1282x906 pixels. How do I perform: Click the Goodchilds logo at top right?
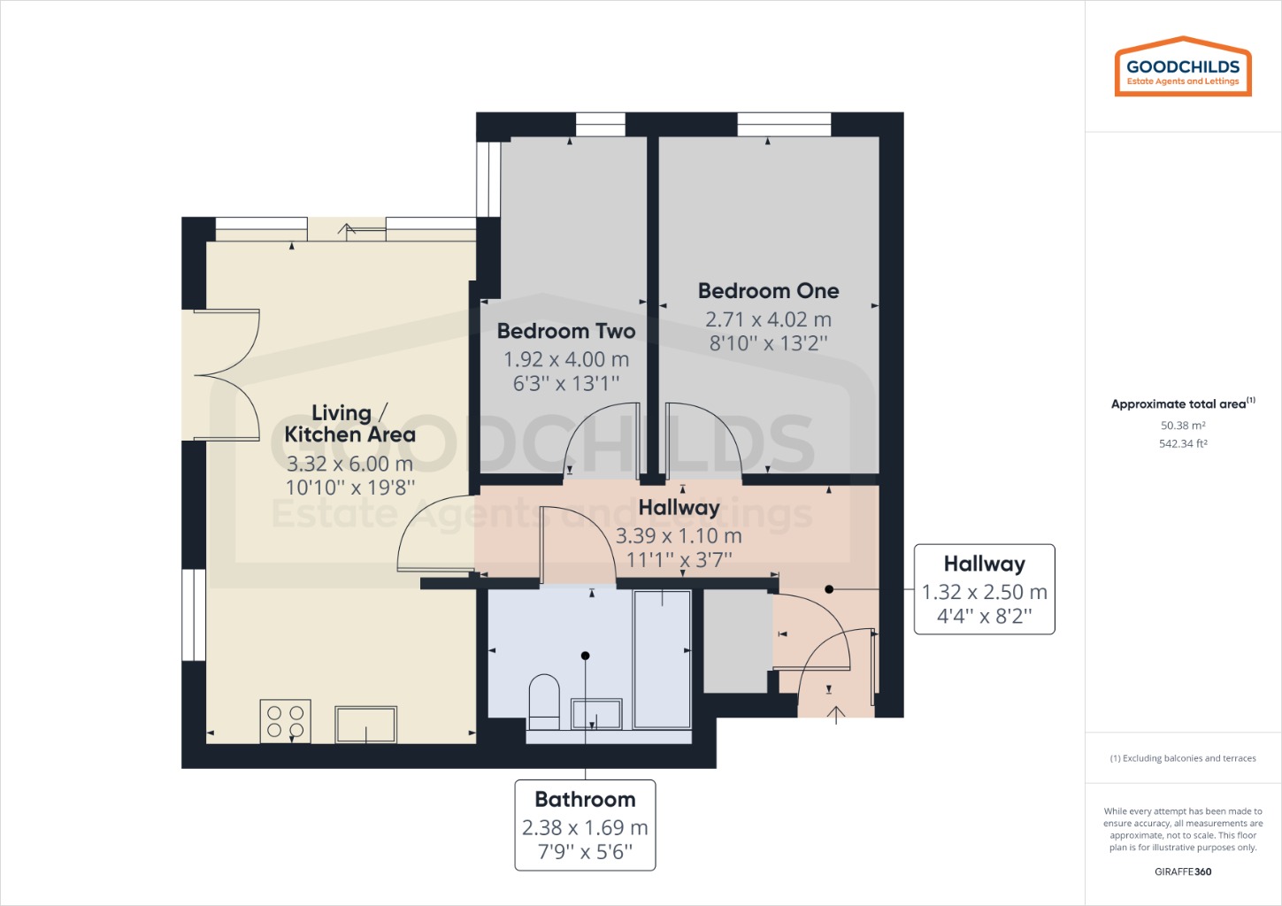click(x=1183, y=66)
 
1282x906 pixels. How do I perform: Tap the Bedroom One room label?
click(x=768, y=291)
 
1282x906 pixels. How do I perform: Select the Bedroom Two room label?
click(x=566, y=331)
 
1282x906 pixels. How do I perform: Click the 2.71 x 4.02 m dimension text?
click(x=768, y=319)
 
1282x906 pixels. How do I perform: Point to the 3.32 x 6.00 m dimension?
click(x=349, y=464)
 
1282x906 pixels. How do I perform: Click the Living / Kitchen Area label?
click(x=349, y=424)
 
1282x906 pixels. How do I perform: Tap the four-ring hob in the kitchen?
click(x=285, y=720)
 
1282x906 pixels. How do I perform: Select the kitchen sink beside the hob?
click(x=365, y=724)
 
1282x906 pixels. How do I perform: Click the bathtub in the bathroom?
click(x=662, y=659)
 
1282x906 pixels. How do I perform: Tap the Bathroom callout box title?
click(x=585, y=800)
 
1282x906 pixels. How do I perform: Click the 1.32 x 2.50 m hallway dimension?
click(x=984, y=592)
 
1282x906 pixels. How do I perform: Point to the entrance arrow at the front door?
click(x=837, y=715)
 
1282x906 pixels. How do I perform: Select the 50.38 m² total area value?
click(x=1183, y=426)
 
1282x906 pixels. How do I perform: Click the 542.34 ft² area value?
click(x=1183, y=444)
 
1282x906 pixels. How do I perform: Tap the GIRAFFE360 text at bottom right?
click(x=1183, y=871)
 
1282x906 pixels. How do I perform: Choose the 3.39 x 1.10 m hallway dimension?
click(x=679, y=536)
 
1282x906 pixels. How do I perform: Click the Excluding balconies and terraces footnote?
click(x=1183, y=758)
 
